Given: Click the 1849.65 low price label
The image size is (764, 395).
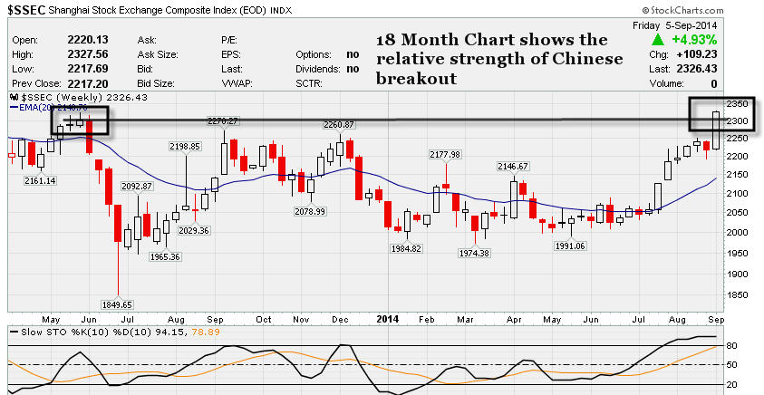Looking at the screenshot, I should [118, 304].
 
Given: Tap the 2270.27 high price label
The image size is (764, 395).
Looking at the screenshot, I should [221, 120].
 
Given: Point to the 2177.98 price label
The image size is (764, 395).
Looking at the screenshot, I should [446, 154].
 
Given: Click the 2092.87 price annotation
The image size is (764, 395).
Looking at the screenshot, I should [136, 186].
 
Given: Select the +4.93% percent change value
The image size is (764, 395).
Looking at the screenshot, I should [695, 41].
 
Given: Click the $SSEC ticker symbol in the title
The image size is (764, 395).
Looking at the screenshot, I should [29, 10].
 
